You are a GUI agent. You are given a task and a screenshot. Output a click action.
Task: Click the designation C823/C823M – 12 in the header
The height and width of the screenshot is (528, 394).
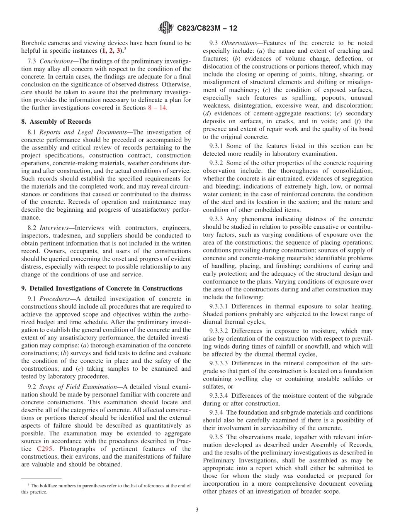[207, 28]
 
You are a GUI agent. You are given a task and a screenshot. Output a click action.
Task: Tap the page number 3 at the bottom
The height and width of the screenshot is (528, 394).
[197, 510]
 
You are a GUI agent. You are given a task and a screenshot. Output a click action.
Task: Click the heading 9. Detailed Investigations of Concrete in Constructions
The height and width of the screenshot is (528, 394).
[102, 288]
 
